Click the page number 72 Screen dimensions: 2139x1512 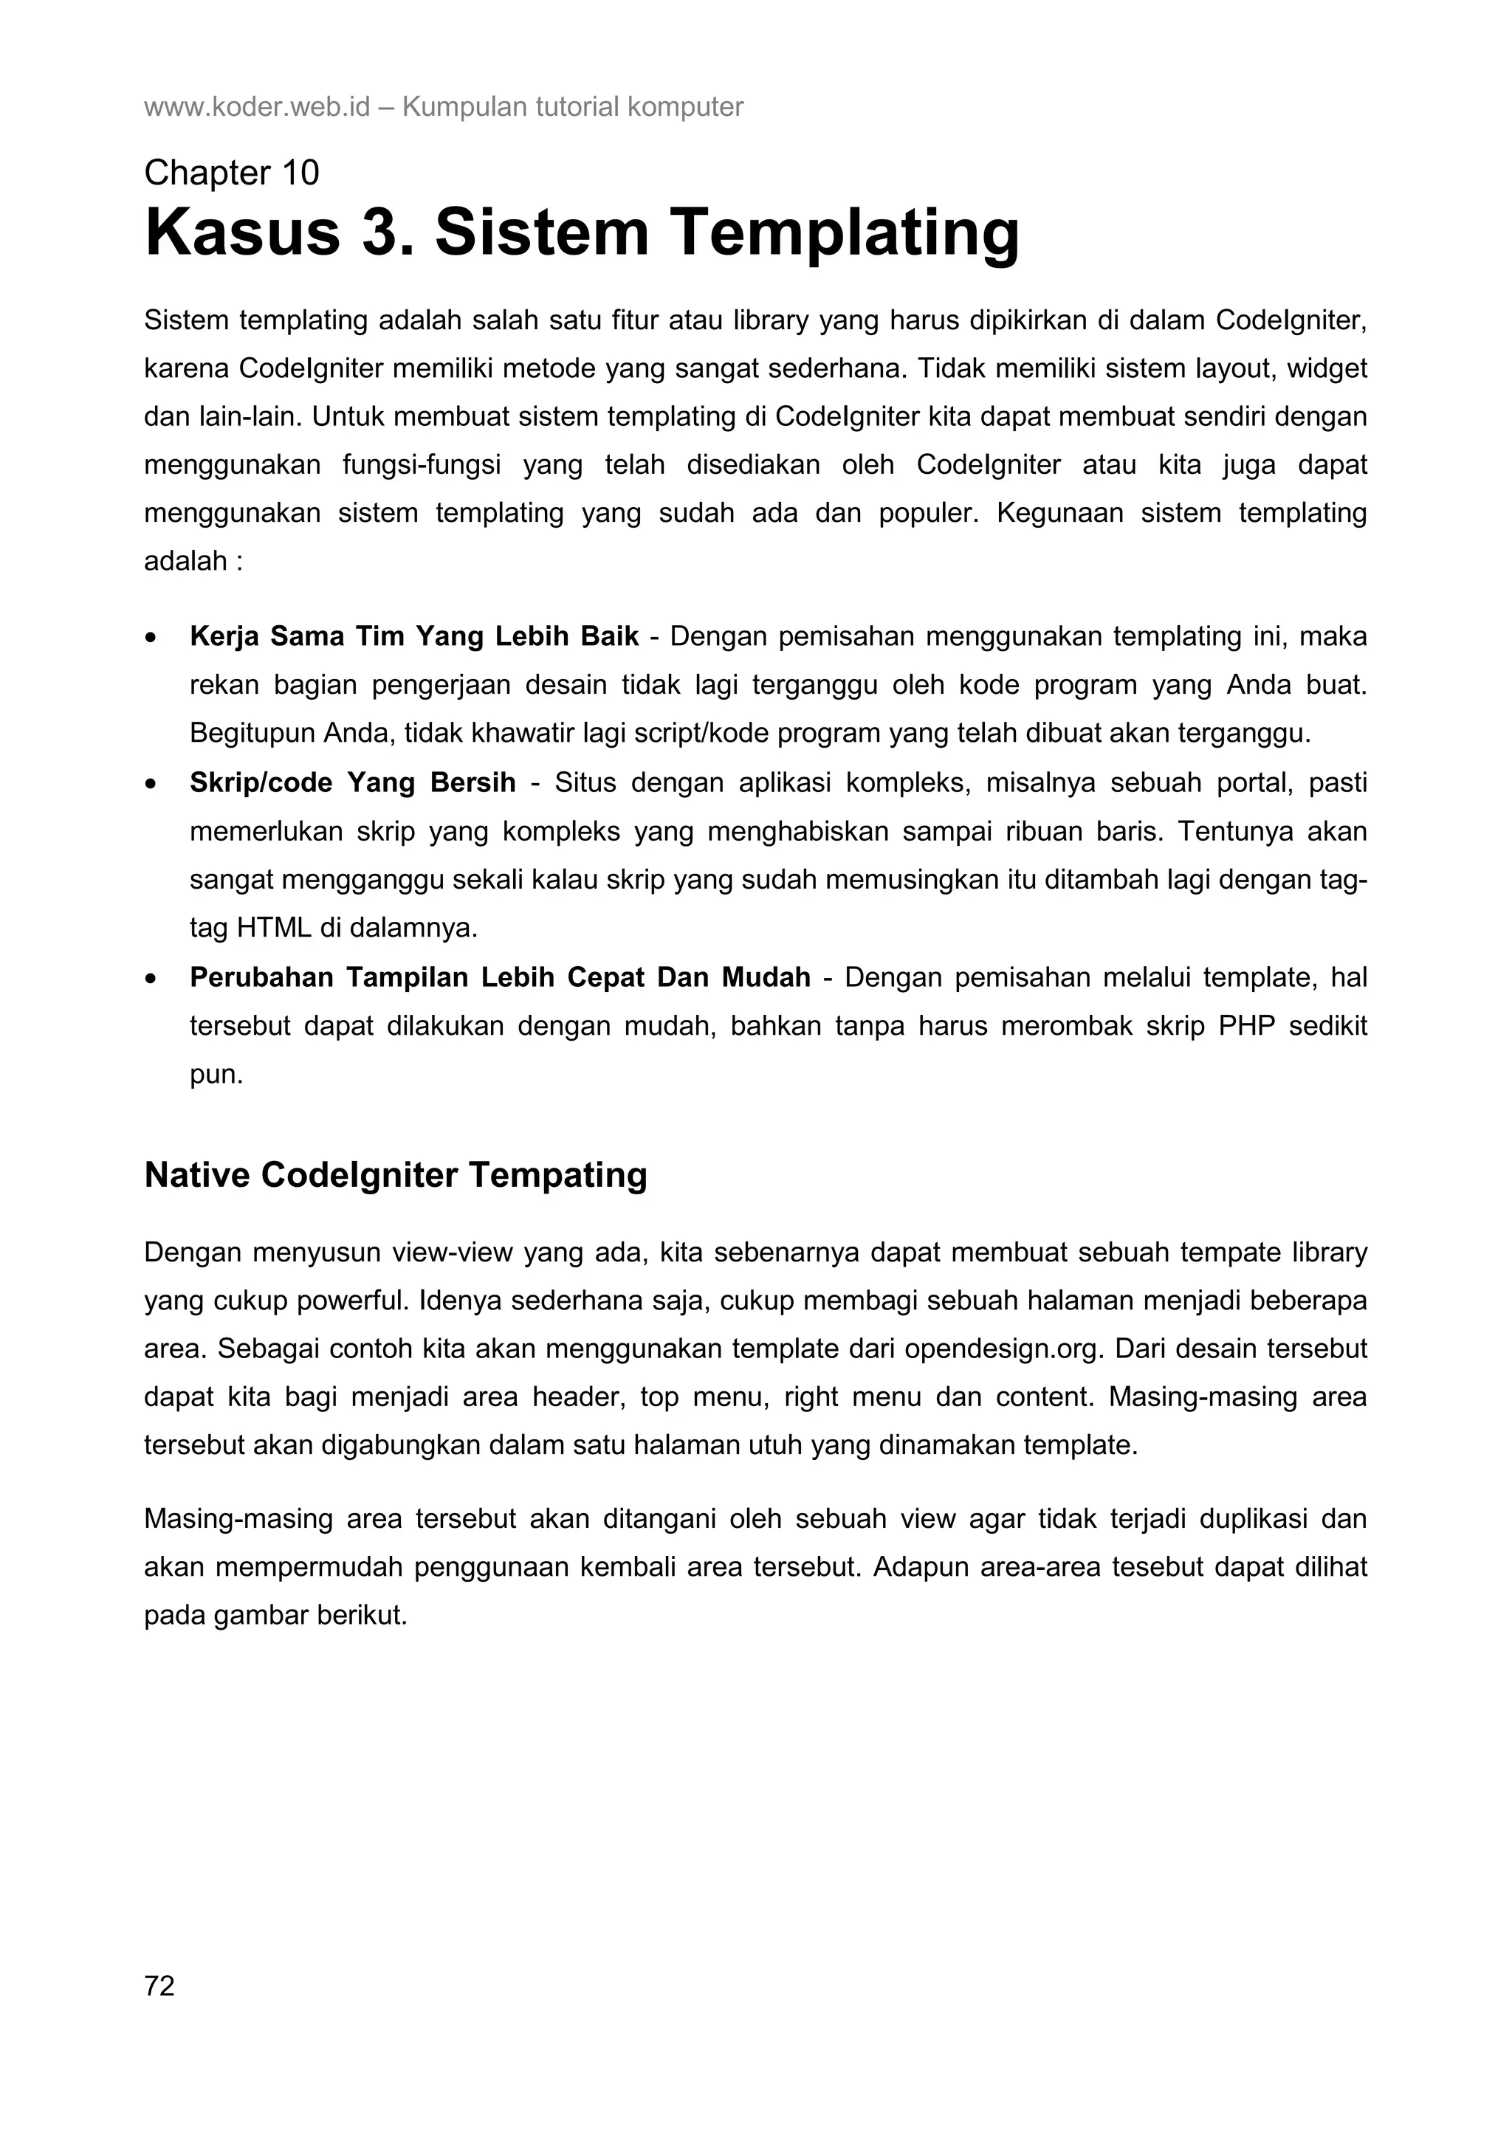coord(159,1986)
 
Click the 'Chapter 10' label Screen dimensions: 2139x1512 coord(231,173)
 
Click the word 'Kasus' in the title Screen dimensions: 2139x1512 coord(243,233)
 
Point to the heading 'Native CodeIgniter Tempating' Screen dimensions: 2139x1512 coord(395,1175)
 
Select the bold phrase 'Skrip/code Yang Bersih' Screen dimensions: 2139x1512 coord(352,782)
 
